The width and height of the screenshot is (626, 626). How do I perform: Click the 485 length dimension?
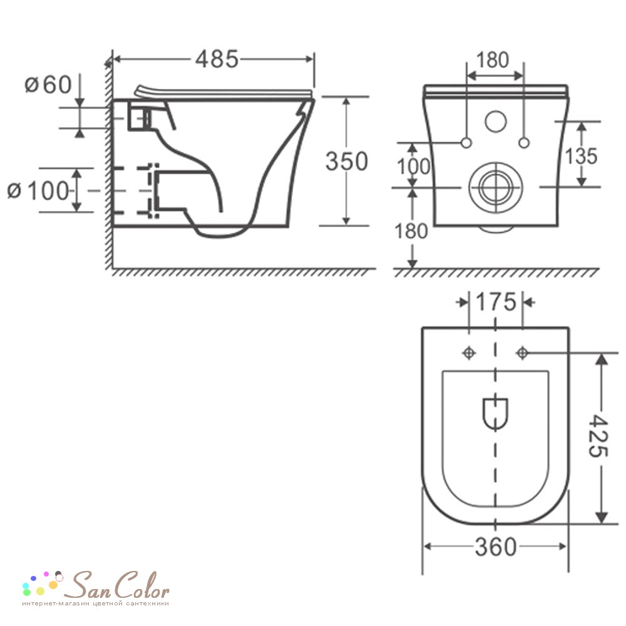[x=217, y=59]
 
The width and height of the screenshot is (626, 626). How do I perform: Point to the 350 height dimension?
[x=347, y=162]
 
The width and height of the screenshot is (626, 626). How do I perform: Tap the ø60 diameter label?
[x=48, y=85]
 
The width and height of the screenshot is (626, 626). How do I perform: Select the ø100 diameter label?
[x=38, y=191]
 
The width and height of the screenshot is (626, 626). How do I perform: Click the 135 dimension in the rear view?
[x=582, y=156]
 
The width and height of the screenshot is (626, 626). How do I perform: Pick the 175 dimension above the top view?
[x=496, y=302]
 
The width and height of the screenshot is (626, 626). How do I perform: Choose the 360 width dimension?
[x=495, y=547]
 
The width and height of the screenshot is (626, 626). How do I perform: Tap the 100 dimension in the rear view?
[x=413, y=167]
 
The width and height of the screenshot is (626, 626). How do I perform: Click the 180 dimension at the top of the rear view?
[x=493, y=60]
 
